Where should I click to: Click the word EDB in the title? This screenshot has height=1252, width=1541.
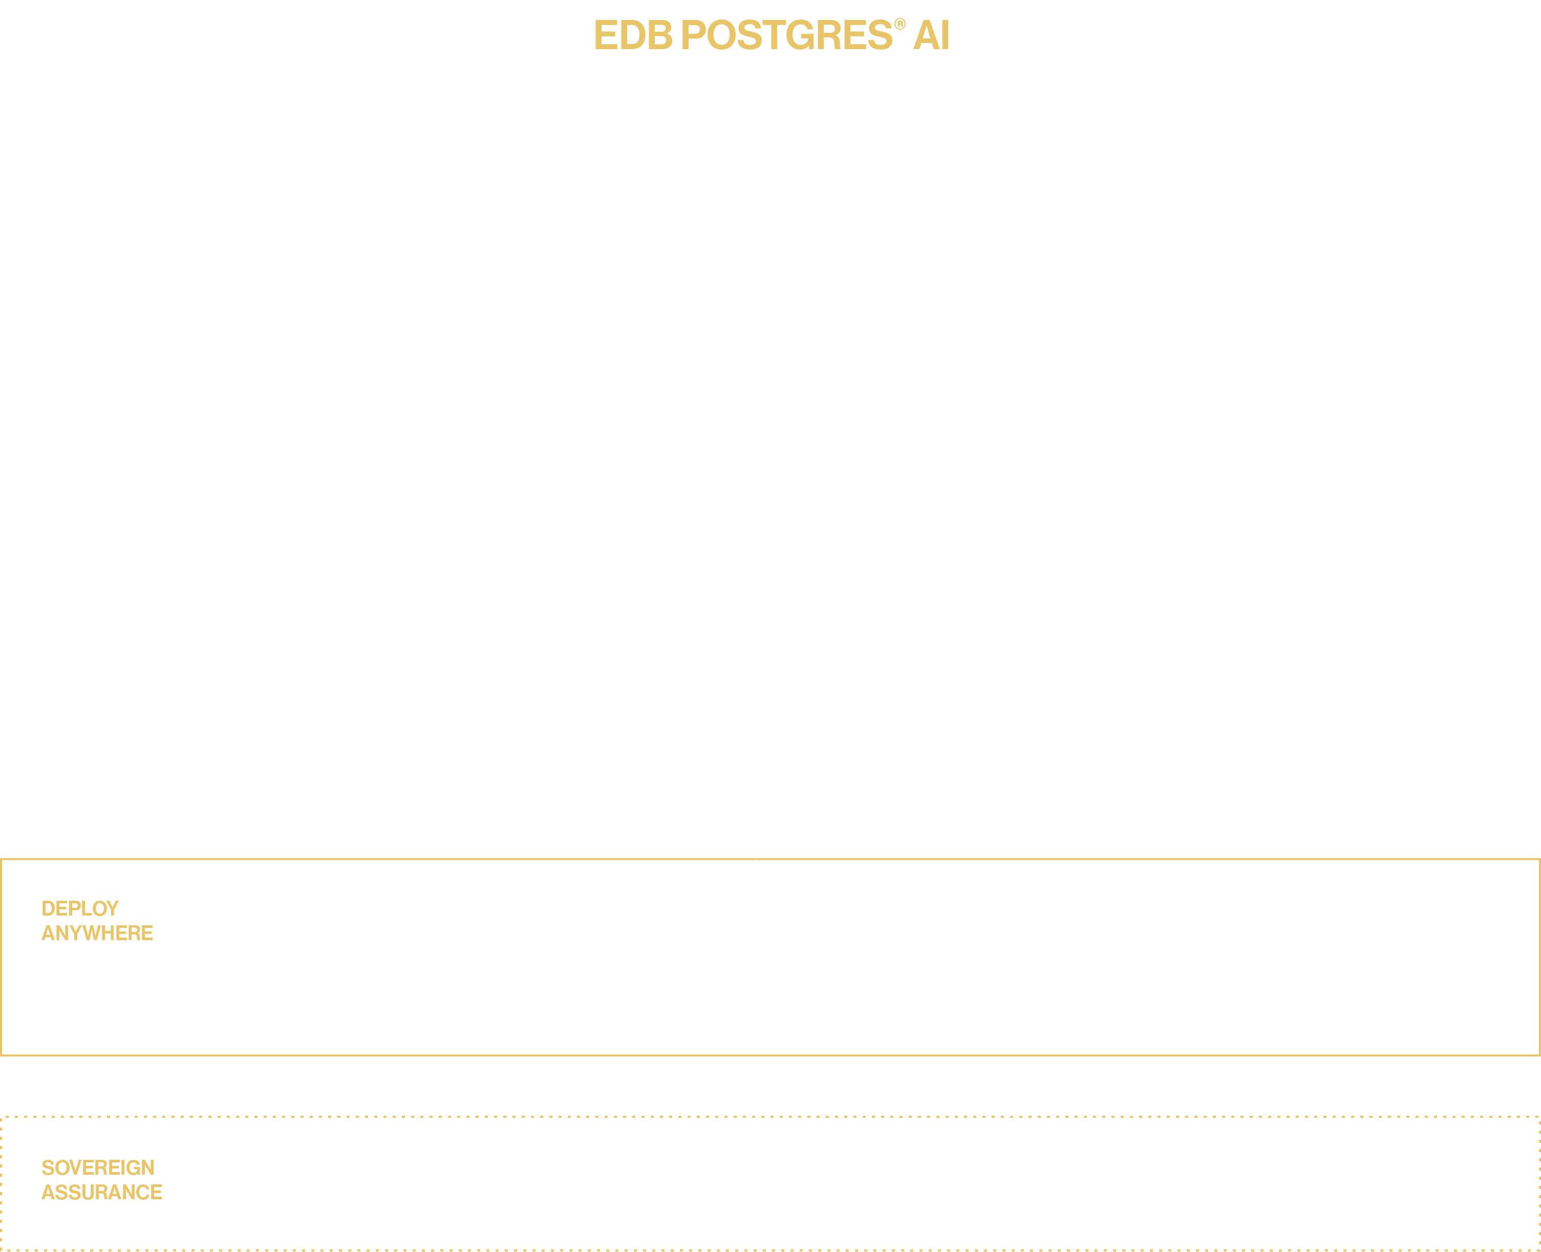[632, 35]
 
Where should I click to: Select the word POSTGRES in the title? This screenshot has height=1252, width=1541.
[786, 35]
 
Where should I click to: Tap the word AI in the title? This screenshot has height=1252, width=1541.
[931, 35]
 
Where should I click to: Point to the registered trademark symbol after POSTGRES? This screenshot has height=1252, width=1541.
[900, 25]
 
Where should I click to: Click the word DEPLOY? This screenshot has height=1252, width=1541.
[80, 909]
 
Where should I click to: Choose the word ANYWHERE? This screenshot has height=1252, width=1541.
[97, 933]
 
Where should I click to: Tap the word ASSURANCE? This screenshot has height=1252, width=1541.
[102, 1192]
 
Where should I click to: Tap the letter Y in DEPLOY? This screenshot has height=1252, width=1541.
[112, 909]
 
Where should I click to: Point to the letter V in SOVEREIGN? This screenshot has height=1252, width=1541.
[74, 1168]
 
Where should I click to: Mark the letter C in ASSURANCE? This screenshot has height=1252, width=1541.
[143, 1192]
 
